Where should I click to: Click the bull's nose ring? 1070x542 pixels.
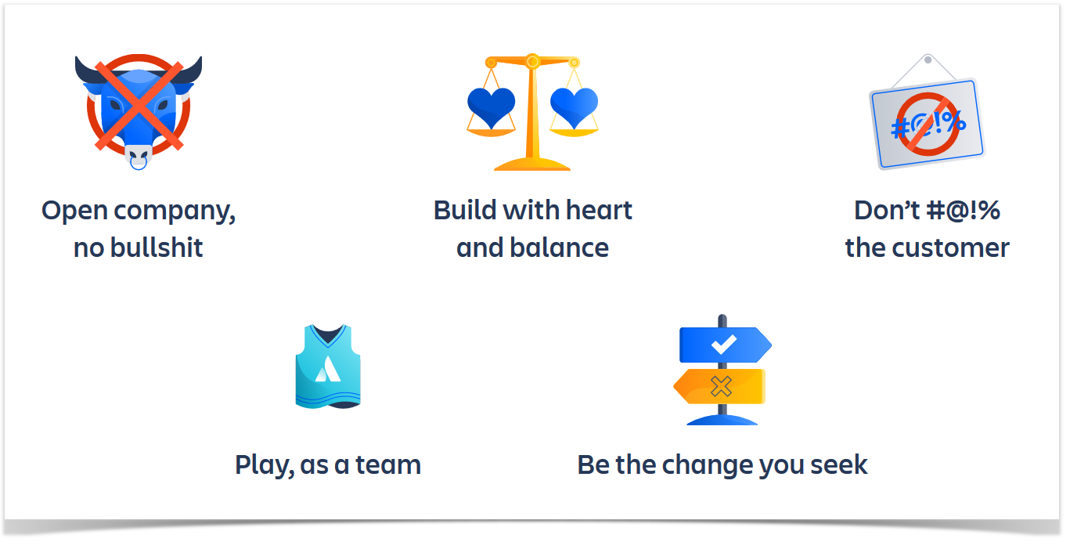[x=139, y=164]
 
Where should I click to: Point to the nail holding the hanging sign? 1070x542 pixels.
[x=928, y=60]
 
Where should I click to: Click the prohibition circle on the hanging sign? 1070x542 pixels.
[x=928, y=124]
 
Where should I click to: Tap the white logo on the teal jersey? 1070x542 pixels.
[x=328, y=369]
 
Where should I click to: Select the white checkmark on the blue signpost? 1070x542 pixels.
[x=724, y=344]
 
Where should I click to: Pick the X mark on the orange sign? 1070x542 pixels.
[x=721, y=386]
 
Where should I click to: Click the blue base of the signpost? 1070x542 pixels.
[x=722, y=420]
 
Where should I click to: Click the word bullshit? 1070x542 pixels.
[x=157, y=248]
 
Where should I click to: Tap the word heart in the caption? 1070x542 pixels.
[x=599, y=211]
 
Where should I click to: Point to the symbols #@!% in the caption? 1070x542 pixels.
[x=963, y=211]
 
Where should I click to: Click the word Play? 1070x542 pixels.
[x=265, y=465]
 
